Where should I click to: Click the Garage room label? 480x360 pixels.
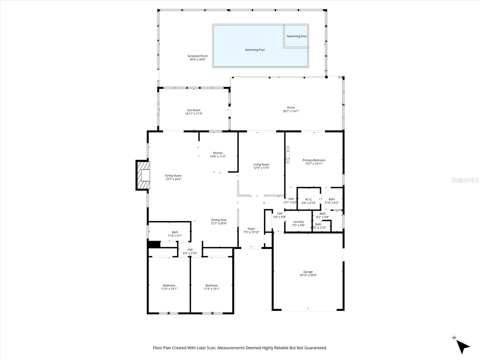pos(308,272)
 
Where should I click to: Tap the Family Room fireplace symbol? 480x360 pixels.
pos(143,175)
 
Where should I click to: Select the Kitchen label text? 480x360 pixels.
pos(218,153)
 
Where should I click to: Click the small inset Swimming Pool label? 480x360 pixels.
pos(296,36)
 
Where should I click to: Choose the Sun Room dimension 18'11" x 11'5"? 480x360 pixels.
pos(194,114)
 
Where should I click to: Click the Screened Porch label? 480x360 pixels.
pos(197,56)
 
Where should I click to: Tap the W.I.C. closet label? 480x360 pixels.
pos(309,199)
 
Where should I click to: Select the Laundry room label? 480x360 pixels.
pos(298,222)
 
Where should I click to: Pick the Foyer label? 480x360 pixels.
pos(251,229)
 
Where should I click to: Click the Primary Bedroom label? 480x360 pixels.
pos(314,160)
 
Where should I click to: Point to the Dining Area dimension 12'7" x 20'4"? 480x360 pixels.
pos(219,223)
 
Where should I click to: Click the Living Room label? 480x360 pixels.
pos(261,164)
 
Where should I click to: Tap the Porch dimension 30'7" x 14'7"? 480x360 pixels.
pos(291,111)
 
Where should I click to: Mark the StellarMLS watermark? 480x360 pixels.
pos(465,180)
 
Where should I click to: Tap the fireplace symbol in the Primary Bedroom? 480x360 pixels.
pos(288,154)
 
